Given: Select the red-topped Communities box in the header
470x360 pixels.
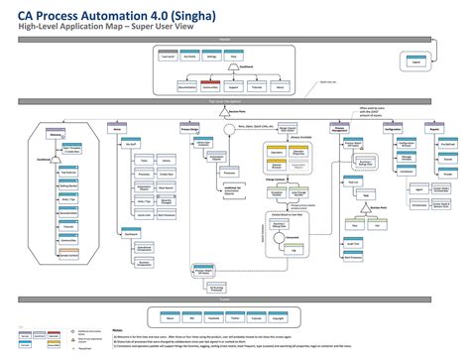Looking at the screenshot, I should (209, 85).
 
